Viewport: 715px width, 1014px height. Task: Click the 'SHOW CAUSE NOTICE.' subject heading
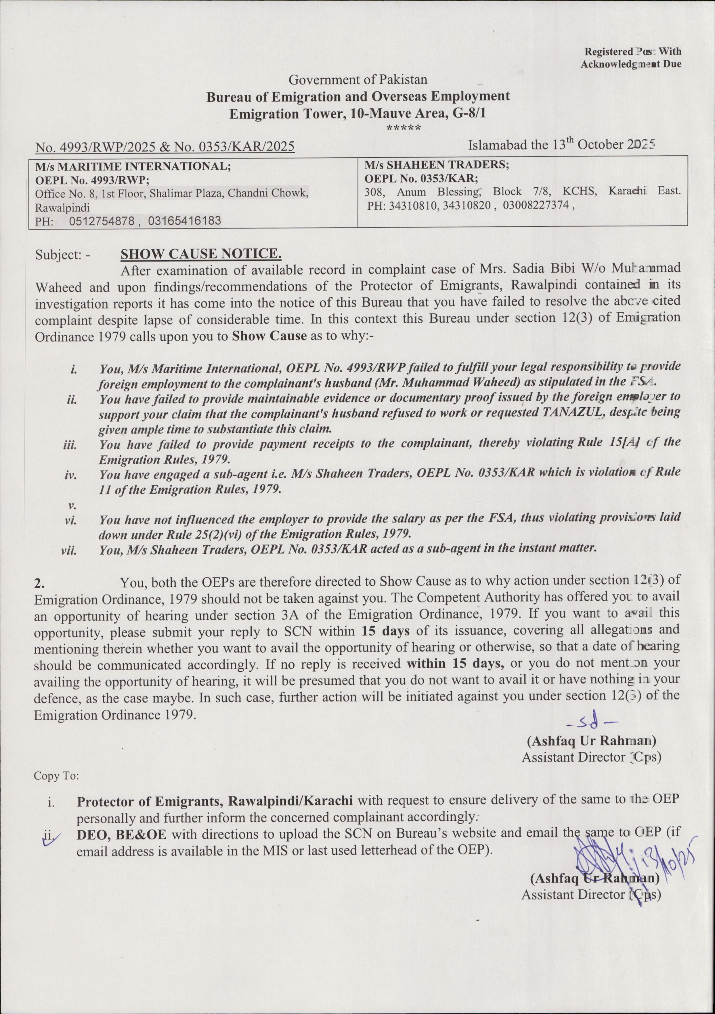[x=201, y=254]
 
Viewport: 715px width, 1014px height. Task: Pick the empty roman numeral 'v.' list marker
[x=71, y=505]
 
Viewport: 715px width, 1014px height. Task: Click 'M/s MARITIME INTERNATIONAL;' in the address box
[x=133, y=167]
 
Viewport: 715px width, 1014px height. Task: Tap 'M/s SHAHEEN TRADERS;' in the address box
[x=436, y=165]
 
